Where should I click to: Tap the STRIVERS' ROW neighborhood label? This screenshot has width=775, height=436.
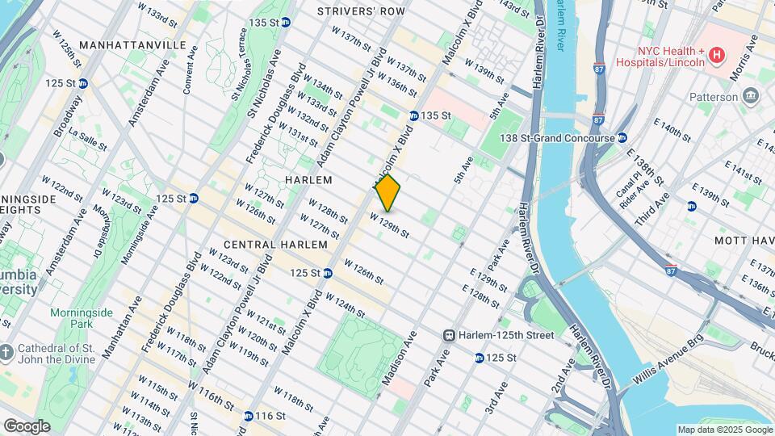pyautogui.click(x=361, y=11)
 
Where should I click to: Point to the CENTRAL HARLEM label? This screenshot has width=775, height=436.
pyautogui.click(x=275, y=244)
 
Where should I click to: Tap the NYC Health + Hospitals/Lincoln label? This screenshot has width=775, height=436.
pyautogui.click(x=658, y=54)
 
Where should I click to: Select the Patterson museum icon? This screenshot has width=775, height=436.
pyautogui.click(x=752, y=97)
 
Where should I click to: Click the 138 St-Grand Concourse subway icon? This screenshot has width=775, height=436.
pyautogui.click(x=622, y=138)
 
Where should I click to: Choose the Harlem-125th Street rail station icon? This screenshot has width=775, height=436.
pyautogui.click(x=449, y=335)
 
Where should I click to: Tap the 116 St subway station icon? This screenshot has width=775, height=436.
pyautogui.click(x=249, y=416)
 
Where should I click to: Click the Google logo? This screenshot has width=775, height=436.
pyautogui.click(x=27, y=426)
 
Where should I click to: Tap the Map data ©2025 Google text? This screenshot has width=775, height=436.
pyautogui.click(x=724, y=430)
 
